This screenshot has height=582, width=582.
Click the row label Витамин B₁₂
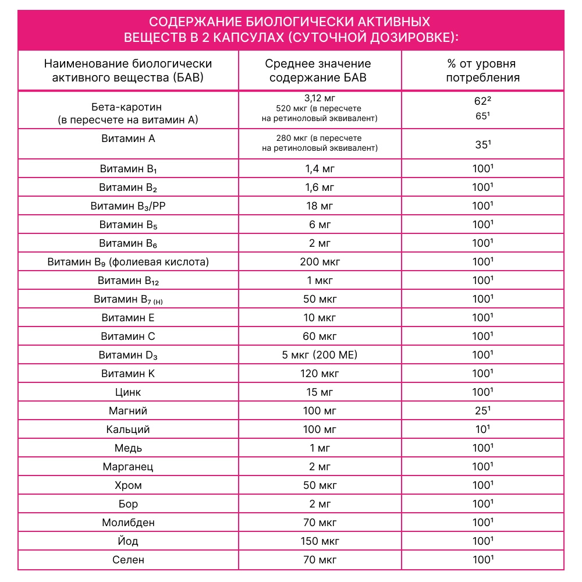coord(128,281)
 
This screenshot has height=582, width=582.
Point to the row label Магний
coord(128,411)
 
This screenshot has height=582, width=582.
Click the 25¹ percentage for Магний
coord(483,411)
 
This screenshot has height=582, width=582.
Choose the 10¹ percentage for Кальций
coord(483,430)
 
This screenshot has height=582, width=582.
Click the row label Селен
coord(128,560)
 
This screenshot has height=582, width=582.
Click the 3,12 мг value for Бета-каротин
coord(320,97)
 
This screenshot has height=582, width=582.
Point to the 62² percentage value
coord(483,100)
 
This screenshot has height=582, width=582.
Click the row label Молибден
coord(128,523)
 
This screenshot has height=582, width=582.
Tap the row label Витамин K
coord(128,374)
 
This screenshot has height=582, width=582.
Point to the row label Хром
coord(128,485)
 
